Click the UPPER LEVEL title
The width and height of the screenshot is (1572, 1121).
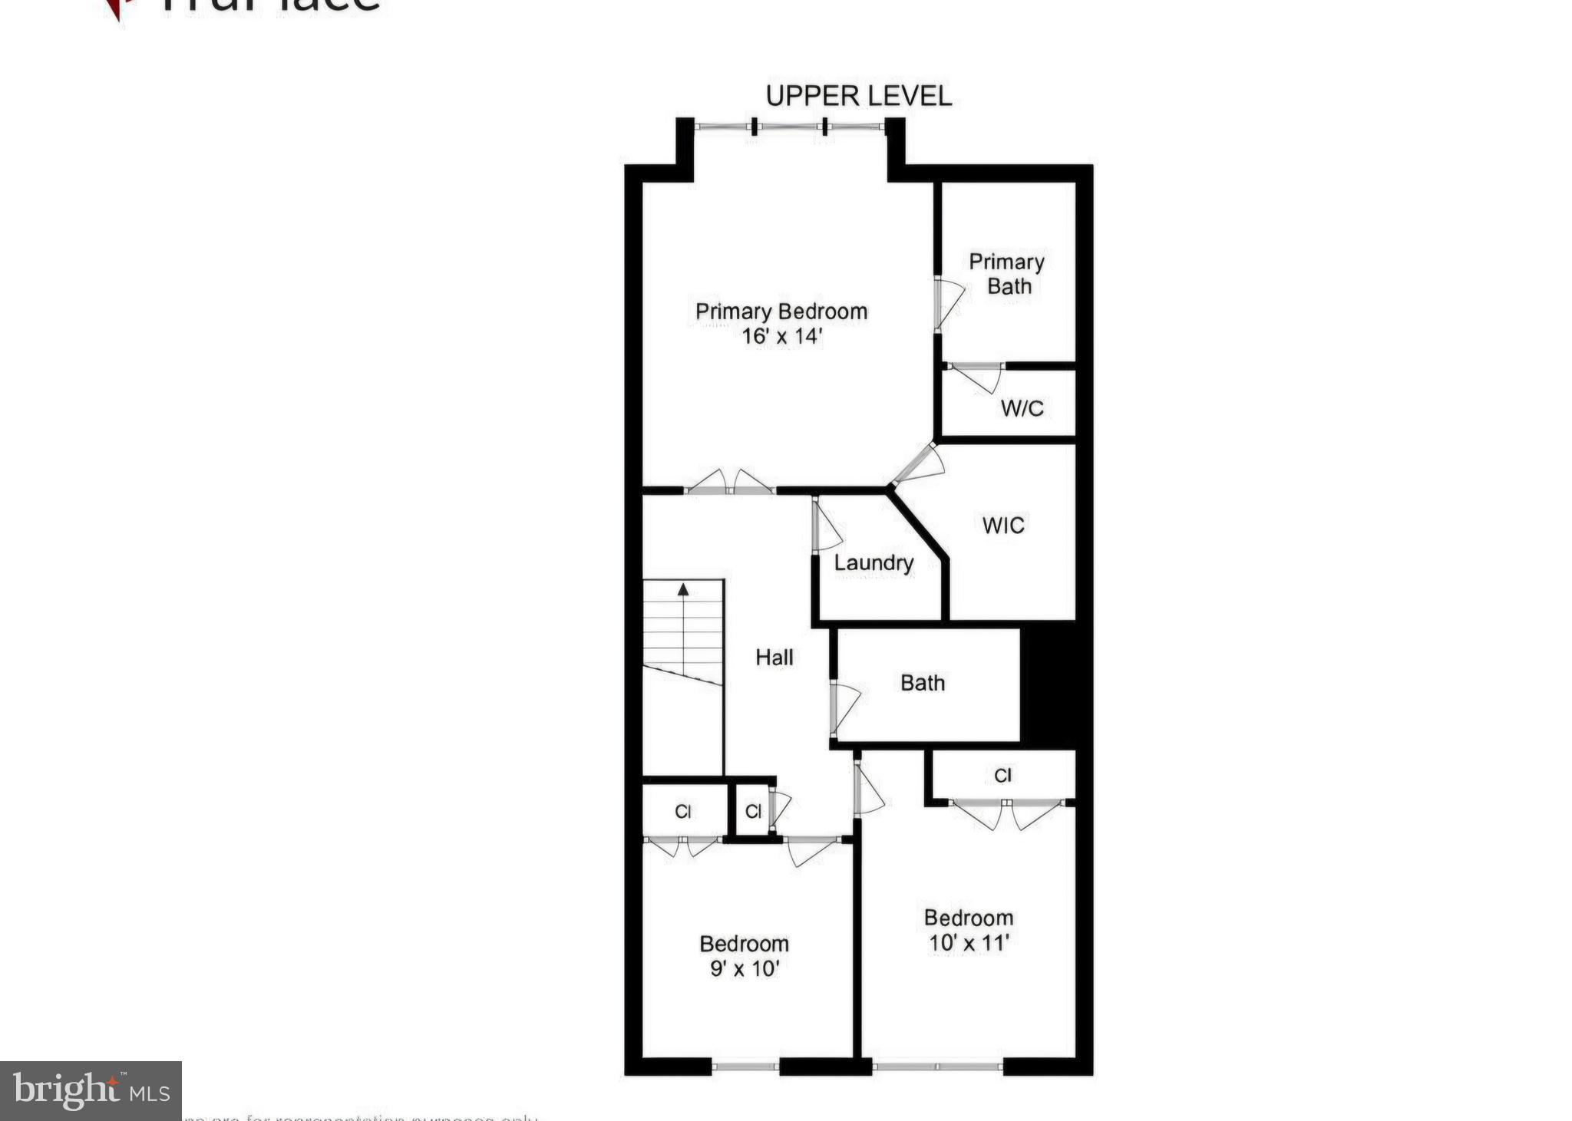coord(858,96)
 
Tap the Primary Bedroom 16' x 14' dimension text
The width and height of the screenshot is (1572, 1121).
coord(781,336)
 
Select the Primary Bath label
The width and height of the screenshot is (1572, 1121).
coord(1007,274)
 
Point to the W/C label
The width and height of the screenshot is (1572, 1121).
coord(1022,408)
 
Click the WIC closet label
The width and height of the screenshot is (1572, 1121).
coord(1002,526)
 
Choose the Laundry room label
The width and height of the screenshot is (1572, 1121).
coord(874,563)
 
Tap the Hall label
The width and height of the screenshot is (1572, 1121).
coord(774,658)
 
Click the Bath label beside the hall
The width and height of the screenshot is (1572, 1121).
coord(922,683)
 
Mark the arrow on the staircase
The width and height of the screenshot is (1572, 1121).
coord(682,590)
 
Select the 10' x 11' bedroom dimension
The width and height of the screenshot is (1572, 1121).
coord(968,943)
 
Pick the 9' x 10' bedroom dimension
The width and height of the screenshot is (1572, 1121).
coord(744,969)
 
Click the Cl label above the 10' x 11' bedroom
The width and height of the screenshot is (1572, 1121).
coord(1002,776)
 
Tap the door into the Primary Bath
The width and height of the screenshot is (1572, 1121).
coord(946,305)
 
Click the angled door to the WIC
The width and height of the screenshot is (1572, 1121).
coord(918,465)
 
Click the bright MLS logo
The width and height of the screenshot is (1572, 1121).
coord(91,1091)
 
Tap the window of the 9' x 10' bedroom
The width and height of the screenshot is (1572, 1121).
coord(745,1066)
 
